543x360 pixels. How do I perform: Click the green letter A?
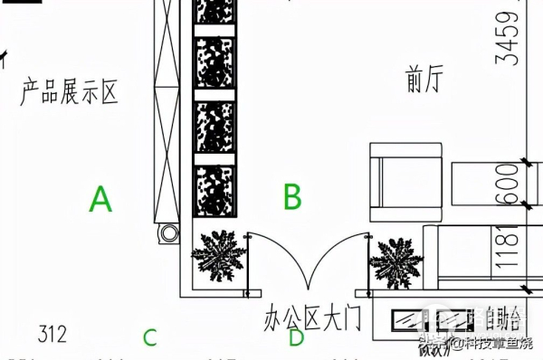100,198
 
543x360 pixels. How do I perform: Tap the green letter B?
291,195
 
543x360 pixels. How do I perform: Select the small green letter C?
150,338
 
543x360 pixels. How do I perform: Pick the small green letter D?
296,337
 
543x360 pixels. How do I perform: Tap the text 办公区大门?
312,318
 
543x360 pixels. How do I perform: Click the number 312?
52,335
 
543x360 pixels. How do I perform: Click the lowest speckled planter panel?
215,191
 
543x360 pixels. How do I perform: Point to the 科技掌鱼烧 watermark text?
493,342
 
